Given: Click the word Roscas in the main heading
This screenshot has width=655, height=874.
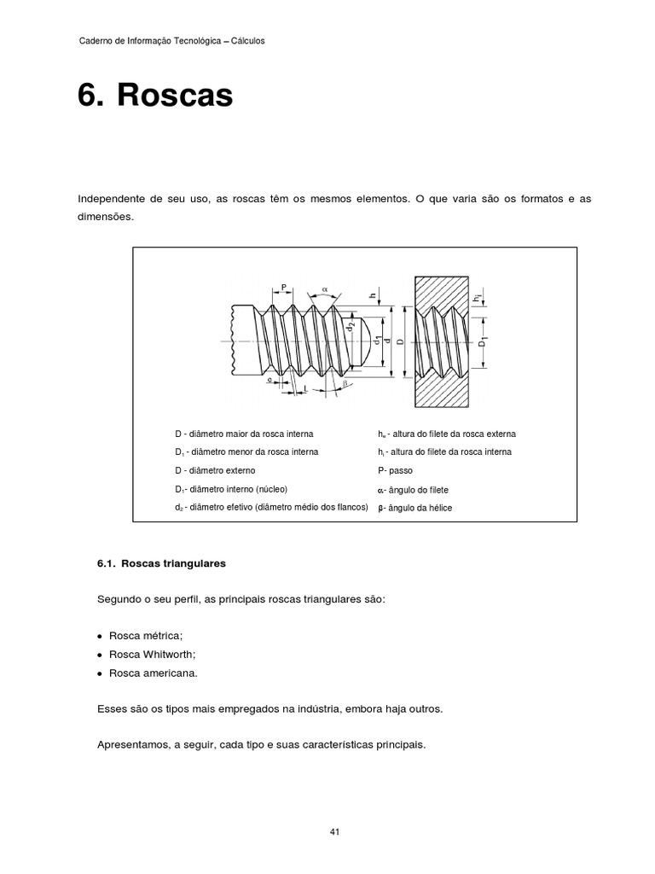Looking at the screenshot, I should pos(175,96).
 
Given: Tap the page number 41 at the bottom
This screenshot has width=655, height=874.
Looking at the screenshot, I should pos(335,832).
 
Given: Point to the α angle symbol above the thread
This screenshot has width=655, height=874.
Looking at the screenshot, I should pos(325,289).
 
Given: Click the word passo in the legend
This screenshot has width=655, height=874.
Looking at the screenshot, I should pos(400,470).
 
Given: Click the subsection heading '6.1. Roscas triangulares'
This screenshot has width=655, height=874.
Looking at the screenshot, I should pos(162,564).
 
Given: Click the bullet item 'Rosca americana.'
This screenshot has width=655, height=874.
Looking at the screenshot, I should pos(153,673).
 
